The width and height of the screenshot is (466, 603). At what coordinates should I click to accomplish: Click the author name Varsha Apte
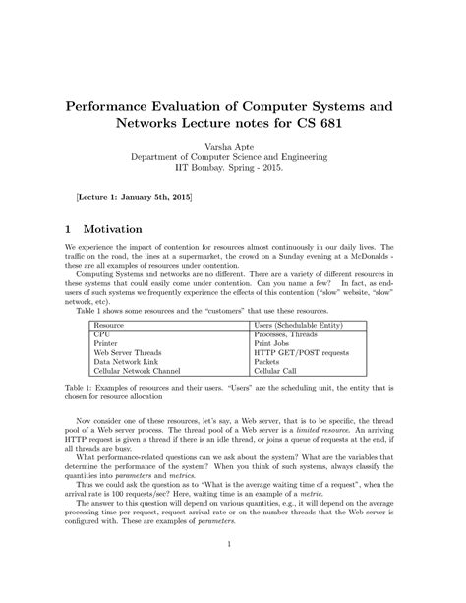233,145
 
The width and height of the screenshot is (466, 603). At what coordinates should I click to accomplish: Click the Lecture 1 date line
135,198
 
